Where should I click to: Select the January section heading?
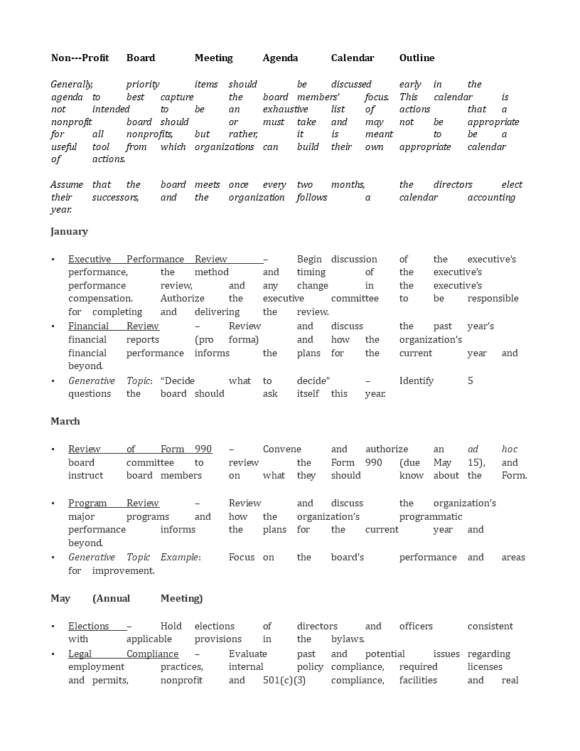[x=69, y=231]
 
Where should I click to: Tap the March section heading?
[x=65, y=421]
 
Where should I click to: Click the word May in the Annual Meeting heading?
[x=60, y=598]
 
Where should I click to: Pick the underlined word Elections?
[x=88, y=626]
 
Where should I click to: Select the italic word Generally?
[x=72, y=84]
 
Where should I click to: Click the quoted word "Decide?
[x=177, y=380]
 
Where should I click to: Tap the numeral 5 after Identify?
[x=470, y=380]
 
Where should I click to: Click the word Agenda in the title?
[x=280, y=58]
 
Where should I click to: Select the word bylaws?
[x=348, y=639]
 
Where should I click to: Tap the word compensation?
[x=100, y=298]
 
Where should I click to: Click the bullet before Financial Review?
[x=53, y=326]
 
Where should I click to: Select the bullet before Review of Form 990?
[x=53, y=449]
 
